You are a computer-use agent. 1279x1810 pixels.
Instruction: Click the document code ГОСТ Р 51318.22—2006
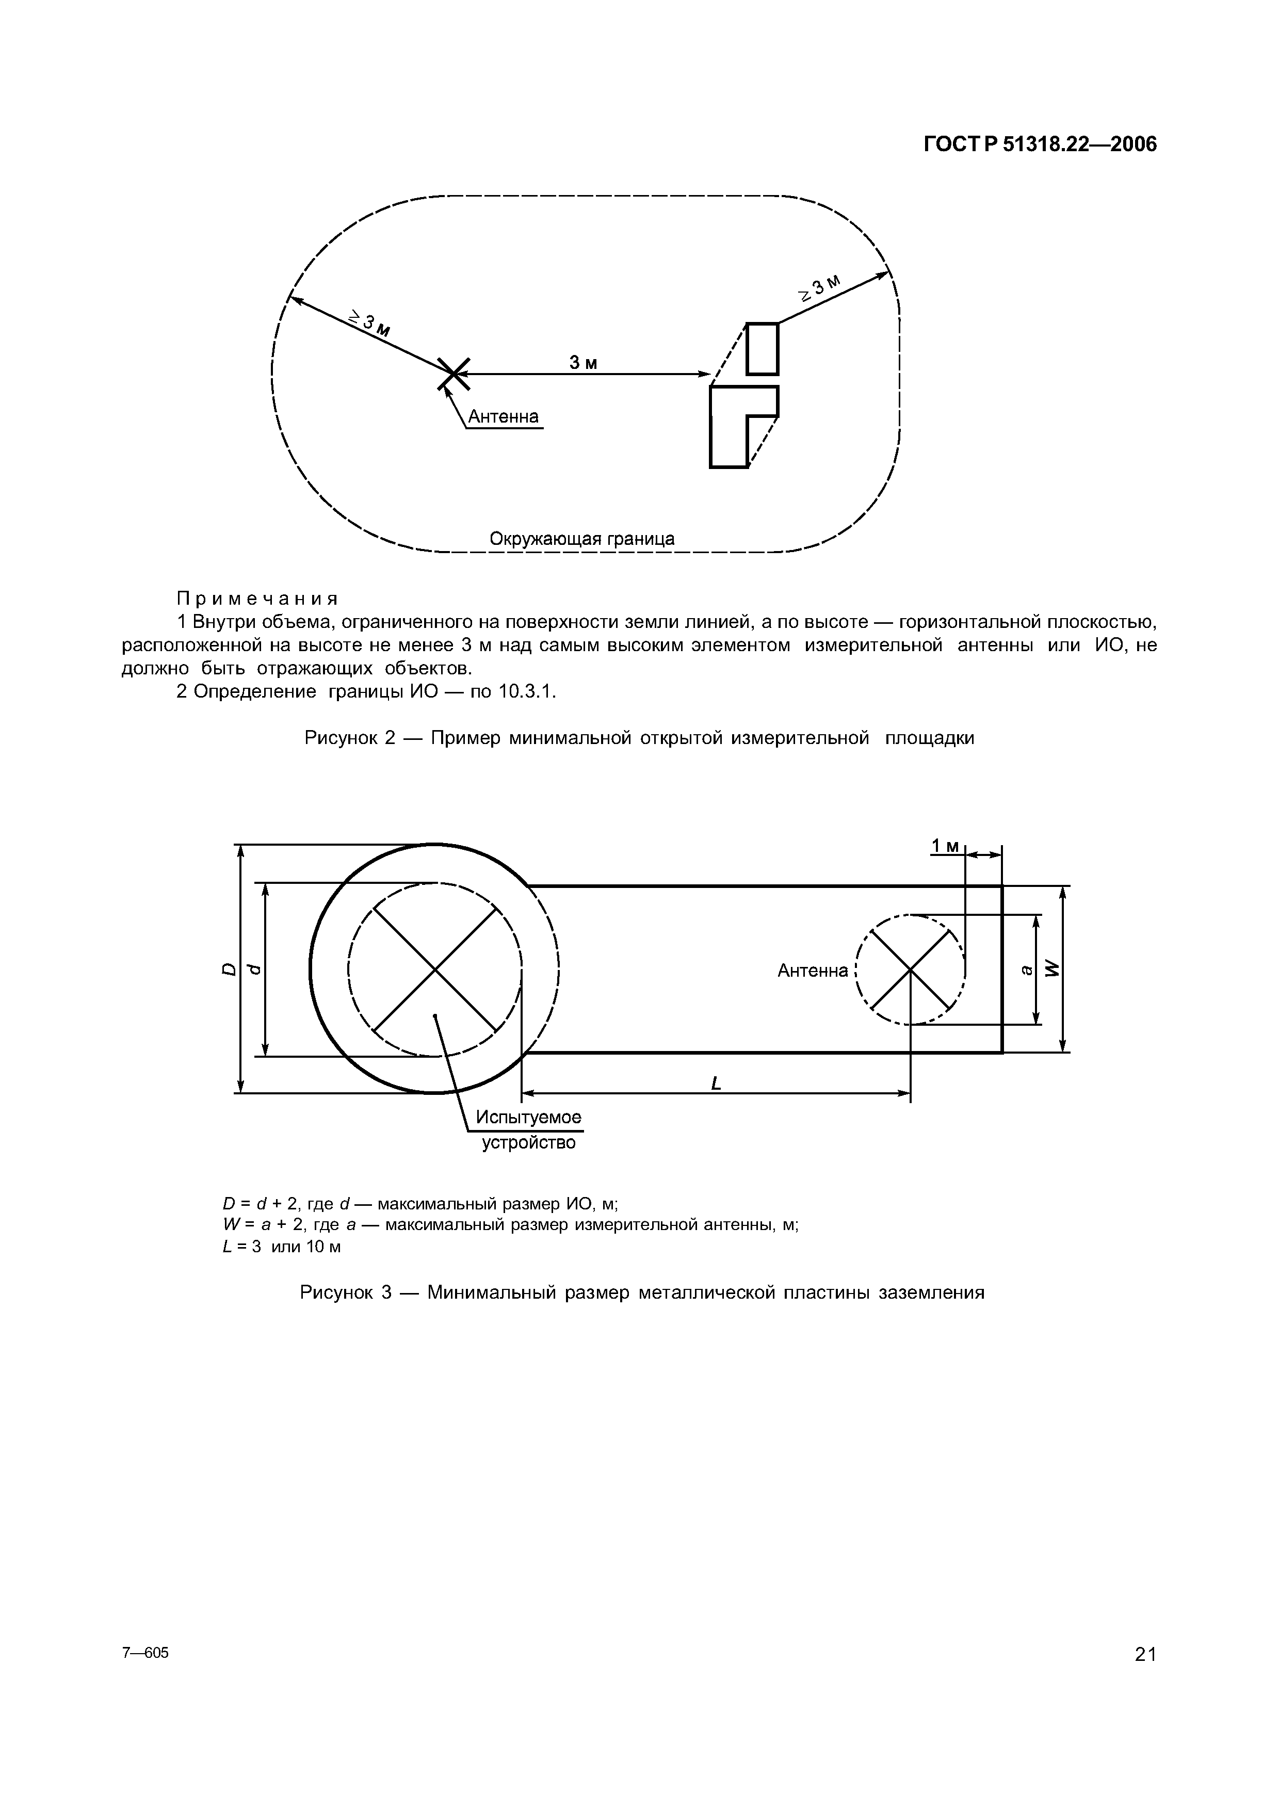point(1040,145)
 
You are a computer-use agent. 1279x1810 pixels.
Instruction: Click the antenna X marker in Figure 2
point(453,374)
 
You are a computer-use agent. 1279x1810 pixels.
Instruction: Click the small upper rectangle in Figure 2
point(762,348)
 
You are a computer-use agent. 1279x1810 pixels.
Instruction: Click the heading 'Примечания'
point(257,597)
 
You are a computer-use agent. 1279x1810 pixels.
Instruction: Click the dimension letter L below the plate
point(716,1085)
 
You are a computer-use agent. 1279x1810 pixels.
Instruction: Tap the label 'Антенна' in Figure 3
point(813,971)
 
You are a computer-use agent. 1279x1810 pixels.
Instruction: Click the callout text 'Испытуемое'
point(528,1117)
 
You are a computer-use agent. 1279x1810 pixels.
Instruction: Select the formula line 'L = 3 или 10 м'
point(282,1247)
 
